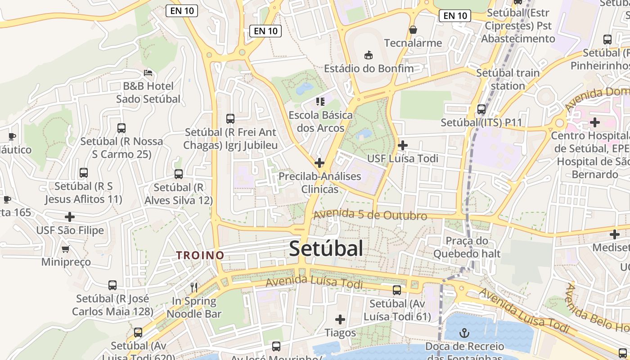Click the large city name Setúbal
tap(326, 248)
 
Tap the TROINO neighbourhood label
tap(200, 255)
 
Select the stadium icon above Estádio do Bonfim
tap(369, 55)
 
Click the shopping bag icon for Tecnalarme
tap(413, 30)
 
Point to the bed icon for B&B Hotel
tap(148, 72)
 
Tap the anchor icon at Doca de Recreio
tap(464, 333)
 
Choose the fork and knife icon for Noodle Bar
tap(194, 287)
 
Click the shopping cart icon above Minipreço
tap(66, 248)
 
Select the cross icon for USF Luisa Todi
tap(403, 145)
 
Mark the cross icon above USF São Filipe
tap(70, 217)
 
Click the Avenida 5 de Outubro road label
tap(370, 215)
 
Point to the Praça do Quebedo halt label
tap(467, 247)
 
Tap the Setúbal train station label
tap(508, 79)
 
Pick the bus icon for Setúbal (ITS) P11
tap(481, 109)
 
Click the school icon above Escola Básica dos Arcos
tap(320, 102)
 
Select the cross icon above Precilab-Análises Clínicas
tap(319, 162)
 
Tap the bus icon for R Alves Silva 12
tap(179, 174)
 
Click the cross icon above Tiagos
tap(340, 319)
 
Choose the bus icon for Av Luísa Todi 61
tap(397, 290)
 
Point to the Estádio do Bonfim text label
tap(369, 68)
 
